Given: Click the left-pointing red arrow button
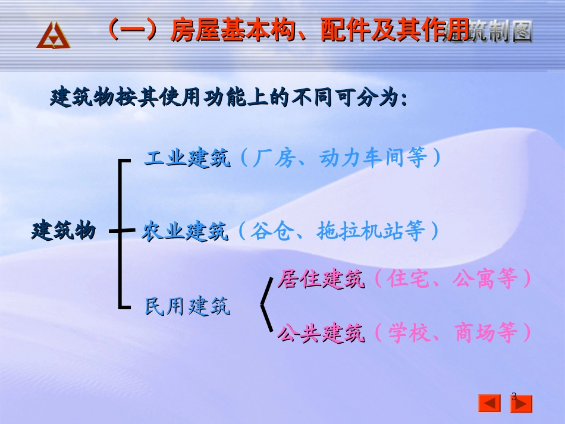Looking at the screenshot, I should point(490,403).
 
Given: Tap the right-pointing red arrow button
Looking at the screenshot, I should point(522,403).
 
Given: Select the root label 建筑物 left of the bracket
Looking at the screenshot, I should point(63,231).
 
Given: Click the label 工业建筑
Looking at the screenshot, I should point(187,158).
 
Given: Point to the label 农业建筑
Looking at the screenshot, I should point(185,231).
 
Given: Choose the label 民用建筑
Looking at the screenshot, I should point(187,306).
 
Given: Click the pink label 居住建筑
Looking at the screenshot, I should point(321,279).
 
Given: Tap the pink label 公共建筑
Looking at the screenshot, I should point(321,334).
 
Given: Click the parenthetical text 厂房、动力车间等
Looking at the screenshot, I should point(341,159).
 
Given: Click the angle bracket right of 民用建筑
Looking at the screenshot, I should point(266,306).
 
